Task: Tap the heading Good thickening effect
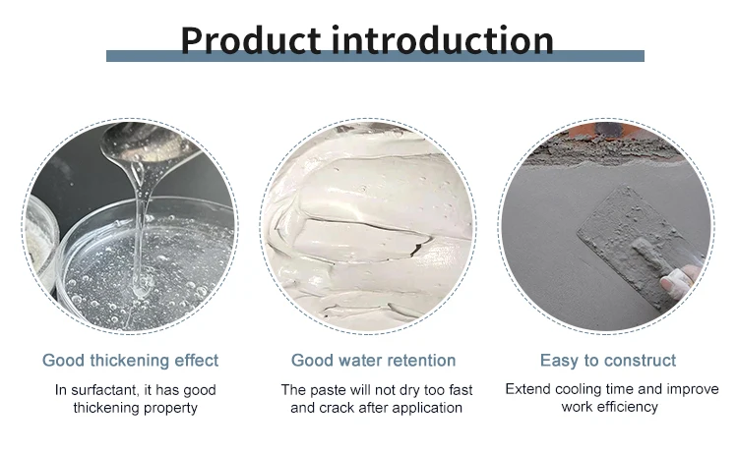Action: click(131, 360)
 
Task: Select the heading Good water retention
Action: click(373, 360)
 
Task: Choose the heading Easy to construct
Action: click(608, 360)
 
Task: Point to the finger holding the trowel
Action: click(680, 284)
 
